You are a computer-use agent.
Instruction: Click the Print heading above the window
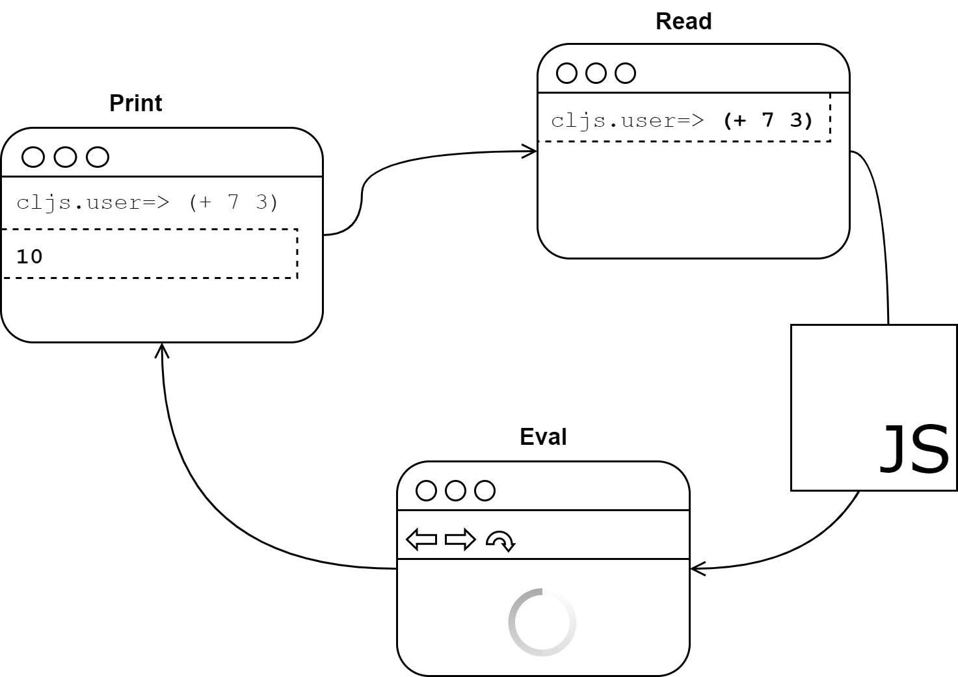coord(135,103)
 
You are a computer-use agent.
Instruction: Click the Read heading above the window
coord(683,21)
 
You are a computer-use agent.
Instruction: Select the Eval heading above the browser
coord(542,436)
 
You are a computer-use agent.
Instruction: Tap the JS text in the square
coord(913,449)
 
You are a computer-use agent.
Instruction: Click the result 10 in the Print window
coord(29,256)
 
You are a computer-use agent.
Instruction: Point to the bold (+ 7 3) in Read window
coord(767,120)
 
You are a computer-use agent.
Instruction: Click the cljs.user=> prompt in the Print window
coord(93,202)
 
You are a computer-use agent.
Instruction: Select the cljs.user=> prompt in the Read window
coord(627,121)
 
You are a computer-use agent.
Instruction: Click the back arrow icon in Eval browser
coord(421,540)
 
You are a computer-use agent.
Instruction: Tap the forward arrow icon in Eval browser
coord(460,540)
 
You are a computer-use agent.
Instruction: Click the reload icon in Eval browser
coord(500,540)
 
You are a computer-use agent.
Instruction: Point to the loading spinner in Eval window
coord(542,622)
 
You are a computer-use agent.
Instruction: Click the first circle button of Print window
coord(33,157)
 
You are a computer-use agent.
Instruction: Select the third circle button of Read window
coord(625,73)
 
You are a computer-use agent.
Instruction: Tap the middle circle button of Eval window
coord(455,490)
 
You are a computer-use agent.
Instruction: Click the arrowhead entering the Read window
coord(531,152)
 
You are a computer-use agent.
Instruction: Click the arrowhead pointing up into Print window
coord(162,350)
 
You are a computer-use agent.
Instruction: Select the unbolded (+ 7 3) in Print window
coord(233,202)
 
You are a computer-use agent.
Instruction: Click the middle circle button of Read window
coord(596,73)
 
